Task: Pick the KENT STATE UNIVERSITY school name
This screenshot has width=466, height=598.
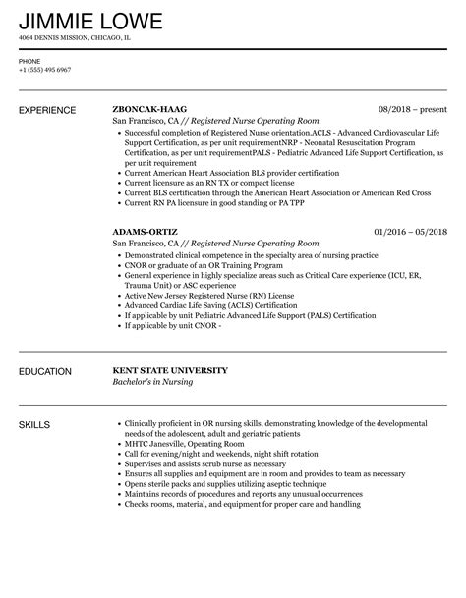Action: (170, 371)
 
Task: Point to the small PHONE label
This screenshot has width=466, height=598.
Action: (29, 60)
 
